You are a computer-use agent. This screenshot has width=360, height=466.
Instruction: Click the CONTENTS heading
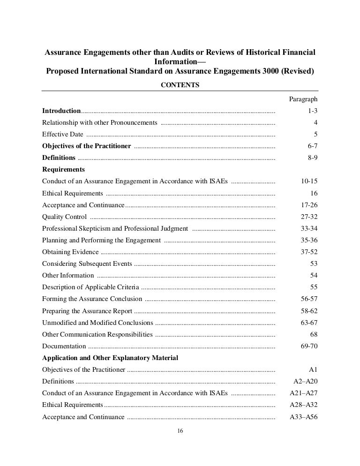click(180, 85)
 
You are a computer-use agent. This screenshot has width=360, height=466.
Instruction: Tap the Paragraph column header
click(303, 99)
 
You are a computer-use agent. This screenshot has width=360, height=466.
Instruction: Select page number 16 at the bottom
click(180, 432)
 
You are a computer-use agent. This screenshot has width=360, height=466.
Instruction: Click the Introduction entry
click(61, 111)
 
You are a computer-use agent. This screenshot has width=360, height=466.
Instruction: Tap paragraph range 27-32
click(309, 217)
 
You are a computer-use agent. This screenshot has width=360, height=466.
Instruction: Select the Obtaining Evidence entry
click(70, 252)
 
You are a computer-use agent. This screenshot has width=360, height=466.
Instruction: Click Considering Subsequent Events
click(87, 263)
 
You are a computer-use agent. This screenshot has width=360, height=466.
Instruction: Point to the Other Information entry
click(68, 275)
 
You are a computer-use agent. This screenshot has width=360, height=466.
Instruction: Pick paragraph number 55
click(314, 287)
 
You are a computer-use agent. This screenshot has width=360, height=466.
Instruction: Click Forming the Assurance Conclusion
click(92, 299)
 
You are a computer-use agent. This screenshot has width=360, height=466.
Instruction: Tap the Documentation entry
click(64, 346)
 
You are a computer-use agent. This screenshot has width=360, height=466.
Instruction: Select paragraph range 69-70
click(309, 346)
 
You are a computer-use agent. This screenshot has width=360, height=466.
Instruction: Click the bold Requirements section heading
click(64, 169)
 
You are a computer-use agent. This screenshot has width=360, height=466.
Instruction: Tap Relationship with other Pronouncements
click(99, 123)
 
